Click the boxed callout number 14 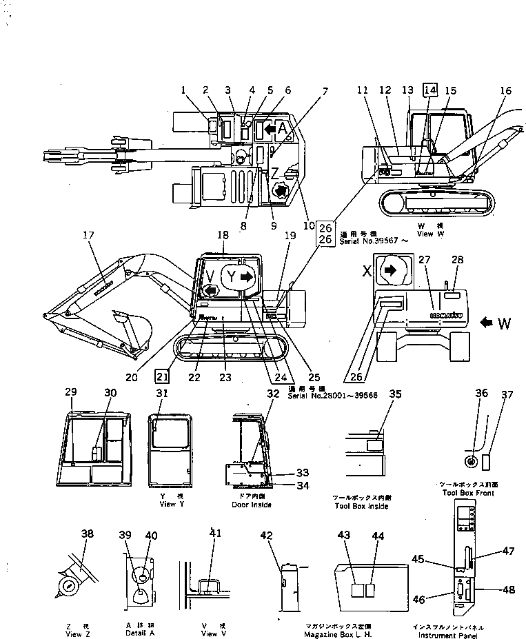click(x=430, y=90)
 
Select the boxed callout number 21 click(x=161, y=376)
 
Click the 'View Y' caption click(x=168, y=505)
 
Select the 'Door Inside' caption click(x=252, y=505)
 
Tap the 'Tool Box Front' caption click(x=469, y=494)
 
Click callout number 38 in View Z click(x=87, y=534)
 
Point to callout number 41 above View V click(x=216, y=534)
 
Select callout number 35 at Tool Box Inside click(x=395, y=394)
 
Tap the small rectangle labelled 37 click(x=487, y=460)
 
